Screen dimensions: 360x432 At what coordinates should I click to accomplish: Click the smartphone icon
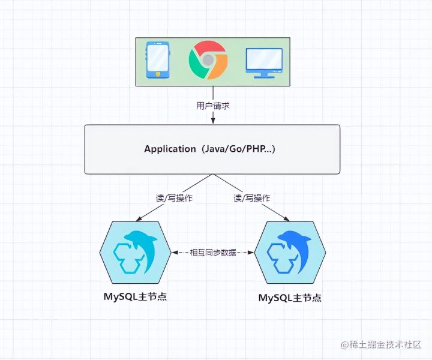(x=157, y=59)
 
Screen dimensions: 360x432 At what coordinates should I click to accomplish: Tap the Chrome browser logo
(x=208, y=59)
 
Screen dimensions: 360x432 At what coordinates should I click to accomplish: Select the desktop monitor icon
(x=264, y=62)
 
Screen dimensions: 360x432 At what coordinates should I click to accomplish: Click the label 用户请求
(x=212, y=106)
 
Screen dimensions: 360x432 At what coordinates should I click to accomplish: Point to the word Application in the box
(x=170, y=149)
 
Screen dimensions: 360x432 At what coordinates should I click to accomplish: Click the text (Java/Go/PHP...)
(x=238, y=149)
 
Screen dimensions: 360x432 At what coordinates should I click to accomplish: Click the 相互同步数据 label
(x=213, y=253)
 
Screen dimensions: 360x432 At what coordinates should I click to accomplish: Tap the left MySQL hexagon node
(x=136, y=252)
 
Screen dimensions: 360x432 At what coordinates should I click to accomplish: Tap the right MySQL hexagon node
(x=290, y=252)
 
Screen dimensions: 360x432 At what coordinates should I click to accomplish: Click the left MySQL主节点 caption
(x=134, y=297)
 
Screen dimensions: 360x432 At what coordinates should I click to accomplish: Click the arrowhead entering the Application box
(x=212, y=122)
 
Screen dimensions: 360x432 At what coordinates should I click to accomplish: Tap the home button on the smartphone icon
(x=157, y=74)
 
